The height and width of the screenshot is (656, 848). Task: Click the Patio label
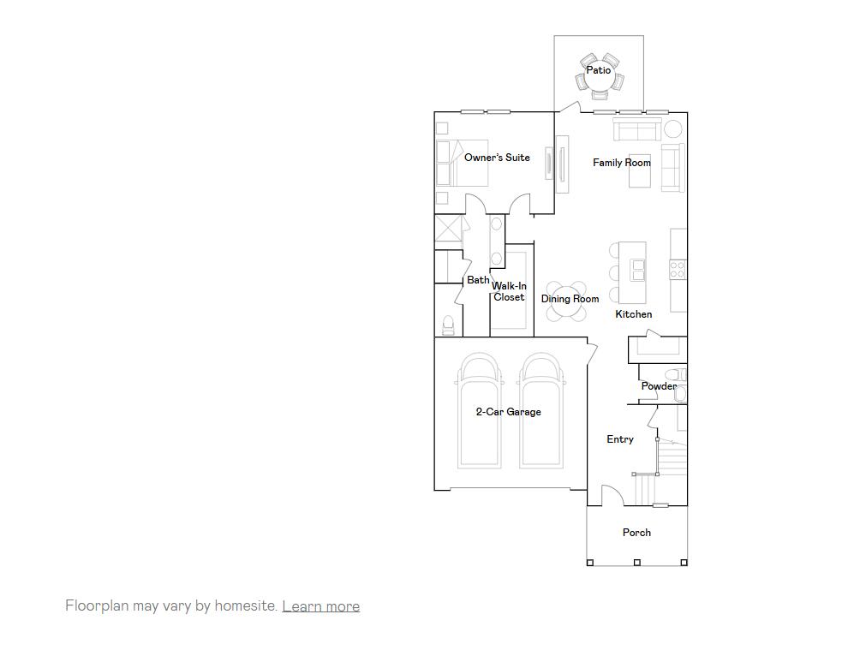(599, 70)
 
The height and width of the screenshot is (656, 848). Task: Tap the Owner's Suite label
(497, 158)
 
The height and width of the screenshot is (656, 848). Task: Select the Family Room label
(622, 163)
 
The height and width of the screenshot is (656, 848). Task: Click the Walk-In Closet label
(509, 292)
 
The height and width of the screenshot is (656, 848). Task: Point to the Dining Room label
(570, 299)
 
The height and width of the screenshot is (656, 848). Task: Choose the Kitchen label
(634, 314)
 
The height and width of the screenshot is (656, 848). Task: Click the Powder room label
(659, 386)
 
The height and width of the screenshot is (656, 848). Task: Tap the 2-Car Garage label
(508, 412)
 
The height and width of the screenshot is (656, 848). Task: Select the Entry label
(620, 439)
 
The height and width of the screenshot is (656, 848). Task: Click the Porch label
(636, 533)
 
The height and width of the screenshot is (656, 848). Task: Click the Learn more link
(320, 606)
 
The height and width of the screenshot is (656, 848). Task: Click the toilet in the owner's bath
(448, 325)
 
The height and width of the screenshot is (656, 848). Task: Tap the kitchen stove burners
(678, 269)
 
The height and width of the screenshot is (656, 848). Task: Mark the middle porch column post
(636, 563)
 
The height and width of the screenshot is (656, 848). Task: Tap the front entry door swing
(612, 496)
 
